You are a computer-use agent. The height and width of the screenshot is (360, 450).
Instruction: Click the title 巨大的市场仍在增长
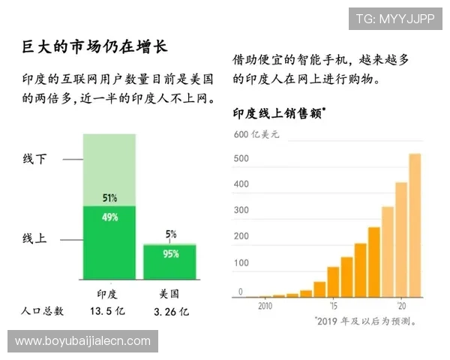click(94, 46)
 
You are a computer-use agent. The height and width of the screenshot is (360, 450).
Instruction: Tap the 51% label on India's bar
click(109, 198)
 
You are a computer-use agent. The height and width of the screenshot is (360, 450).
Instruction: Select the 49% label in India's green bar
click(109, 217)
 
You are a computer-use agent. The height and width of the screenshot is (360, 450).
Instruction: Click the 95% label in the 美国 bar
click(170, 253)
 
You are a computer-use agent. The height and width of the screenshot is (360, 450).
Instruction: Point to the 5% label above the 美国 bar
click(171, 234)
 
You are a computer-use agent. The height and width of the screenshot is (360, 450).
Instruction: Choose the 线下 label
click(34, 159)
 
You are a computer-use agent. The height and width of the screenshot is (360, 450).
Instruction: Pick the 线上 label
click(34, 239)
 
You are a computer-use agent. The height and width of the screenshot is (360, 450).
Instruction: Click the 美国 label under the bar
click(169, 293)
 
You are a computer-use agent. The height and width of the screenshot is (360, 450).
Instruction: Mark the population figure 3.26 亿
click(171, 310)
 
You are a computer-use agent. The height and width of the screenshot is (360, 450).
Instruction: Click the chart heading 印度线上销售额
click(277, 114)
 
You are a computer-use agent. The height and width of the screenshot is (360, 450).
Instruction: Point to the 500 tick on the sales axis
click(241, 159)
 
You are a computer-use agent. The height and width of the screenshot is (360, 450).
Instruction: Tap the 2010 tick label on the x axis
click(265, 306)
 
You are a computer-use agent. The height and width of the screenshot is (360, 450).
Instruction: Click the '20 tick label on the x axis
click(401, 306)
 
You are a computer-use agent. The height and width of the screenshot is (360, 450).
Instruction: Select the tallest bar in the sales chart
click(414, 225)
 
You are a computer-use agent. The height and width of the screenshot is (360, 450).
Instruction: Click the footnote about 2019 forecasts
click(365, 320)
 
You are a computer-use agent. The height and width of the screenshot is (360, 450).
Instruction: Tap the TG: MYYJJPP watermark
click(394, 19)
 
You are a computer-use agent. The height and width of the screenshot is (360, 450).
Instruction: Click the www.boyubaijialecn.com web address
click(83, 341)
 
